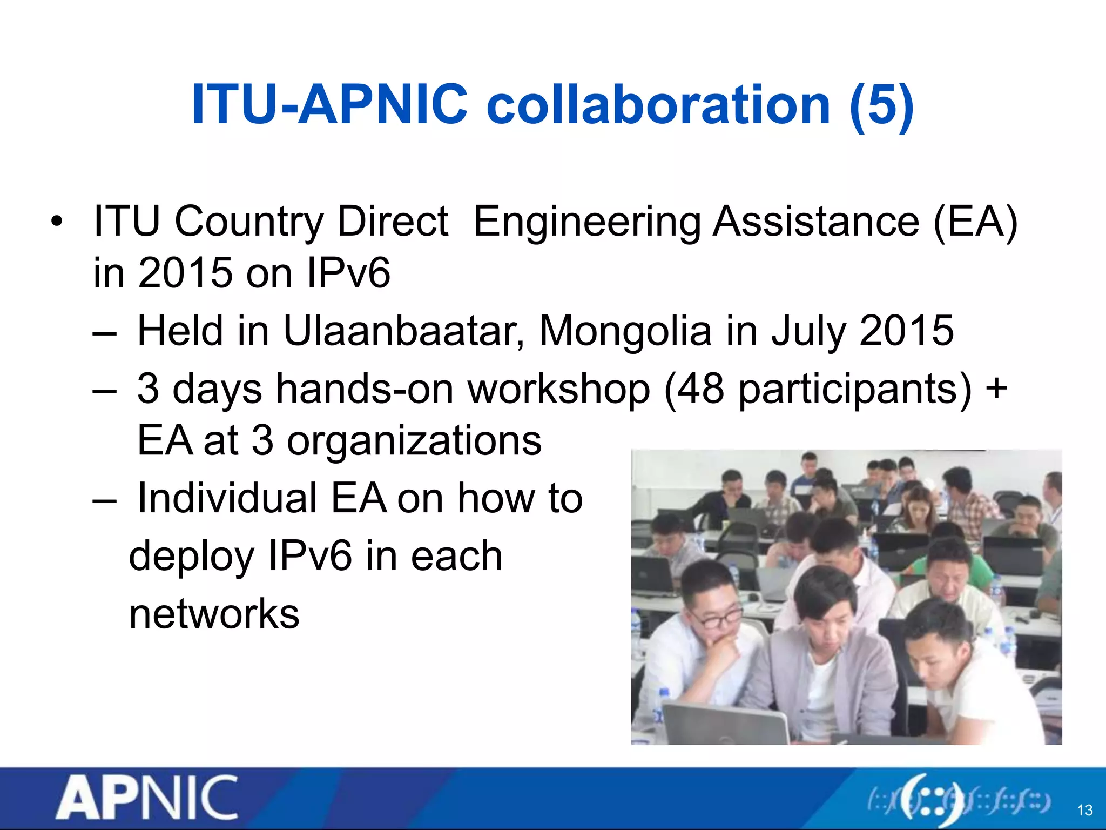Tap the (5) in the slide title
[x=881, y=105]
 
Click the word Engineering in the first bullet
[x=587, y=222]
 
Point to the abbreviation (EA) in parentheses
[x=975, y=222]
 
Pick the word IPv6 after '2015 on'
[x=348, y=273]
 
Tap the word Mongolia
[x=625, y=331]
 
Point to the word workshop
[x=559, y=389]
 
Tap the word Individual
[x=227, y=498]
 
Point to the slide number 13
[x=1084, y=810]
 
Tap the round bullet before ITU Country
[x=57, y=222]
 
